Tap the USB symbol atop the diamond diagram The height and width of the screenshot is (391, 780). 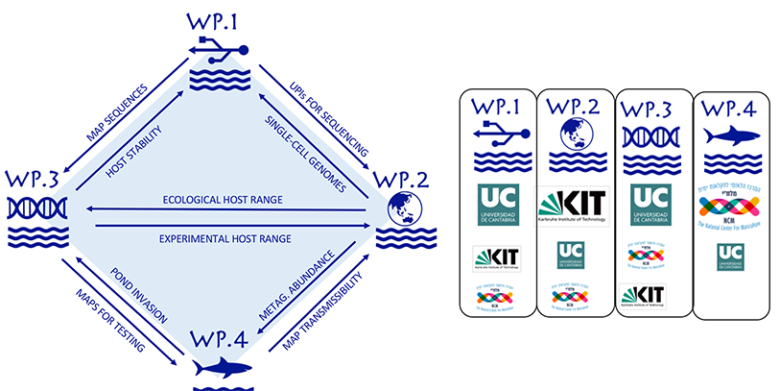(x=220, y=49)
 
